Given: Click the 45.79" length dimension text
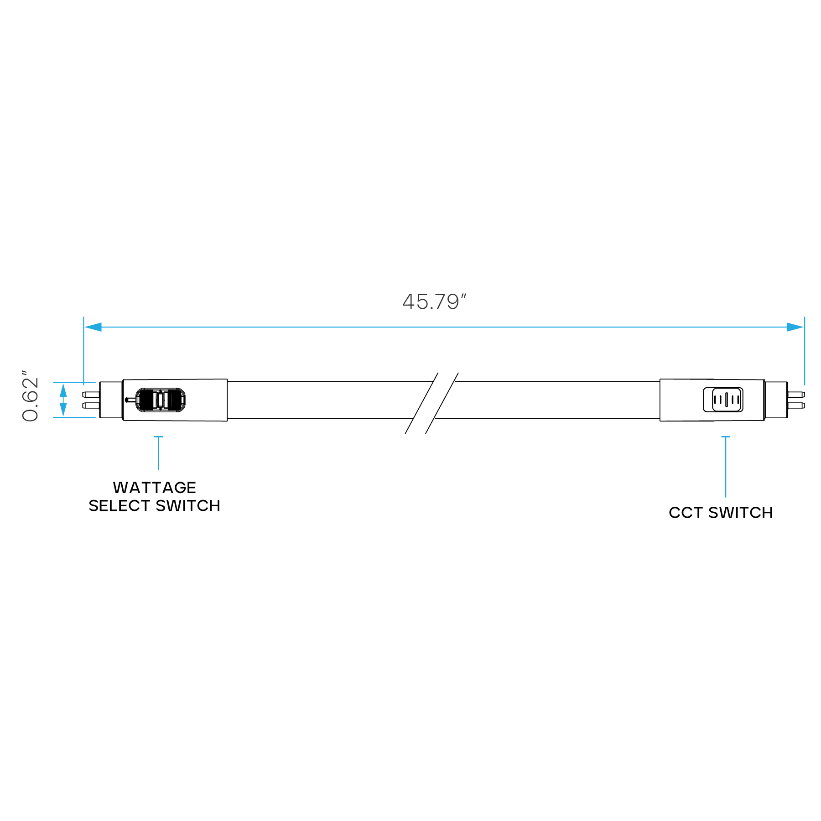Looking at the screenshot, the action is (x=434, y=302).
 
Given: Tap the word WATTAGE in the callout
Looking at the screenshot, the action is (x=155, y=488).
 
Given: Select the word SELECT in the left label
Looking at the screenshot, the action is (x=120, y=506).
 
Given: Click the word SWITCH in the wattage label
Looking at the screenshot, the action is (x=188, y=506).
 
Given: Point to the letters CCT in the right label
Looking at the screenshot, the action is (x=686, y=513).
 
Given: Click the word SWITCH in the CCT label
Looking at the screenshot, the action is (x=741, y=513).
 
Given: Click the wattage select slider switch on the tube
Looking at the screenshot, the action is (x=160, y=400).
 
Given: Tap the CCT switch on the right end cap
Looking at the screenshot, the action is (x=723, y=400).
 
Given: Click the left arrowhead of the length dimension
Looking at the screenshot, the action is (x=93, y=327).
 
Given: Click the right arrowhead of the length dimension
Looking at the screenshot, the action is (x=795, y=327).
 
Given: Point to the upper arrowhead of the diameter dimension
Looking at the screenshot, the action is (x=63, y=390).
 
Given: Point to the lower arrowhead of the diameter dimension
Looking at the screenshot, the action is (x=63, y=410).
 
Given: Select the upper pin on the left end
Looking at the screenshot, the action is (x=91, y=394).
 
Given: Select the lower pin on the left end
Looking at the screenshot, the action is (x=91, y=405).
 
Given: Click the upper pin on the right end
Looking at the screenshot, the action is (x=796, y=394).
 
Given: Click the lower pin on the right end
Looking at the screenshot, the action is (x=796, y=405).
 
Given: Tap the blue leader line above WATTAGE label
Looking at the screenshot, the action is (x=159, y=453).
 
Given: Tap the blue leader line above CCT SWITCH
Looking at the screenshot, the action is (x=726, y=467).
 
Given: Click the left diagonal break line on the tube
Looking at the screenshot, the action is (x=421, y=403).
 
